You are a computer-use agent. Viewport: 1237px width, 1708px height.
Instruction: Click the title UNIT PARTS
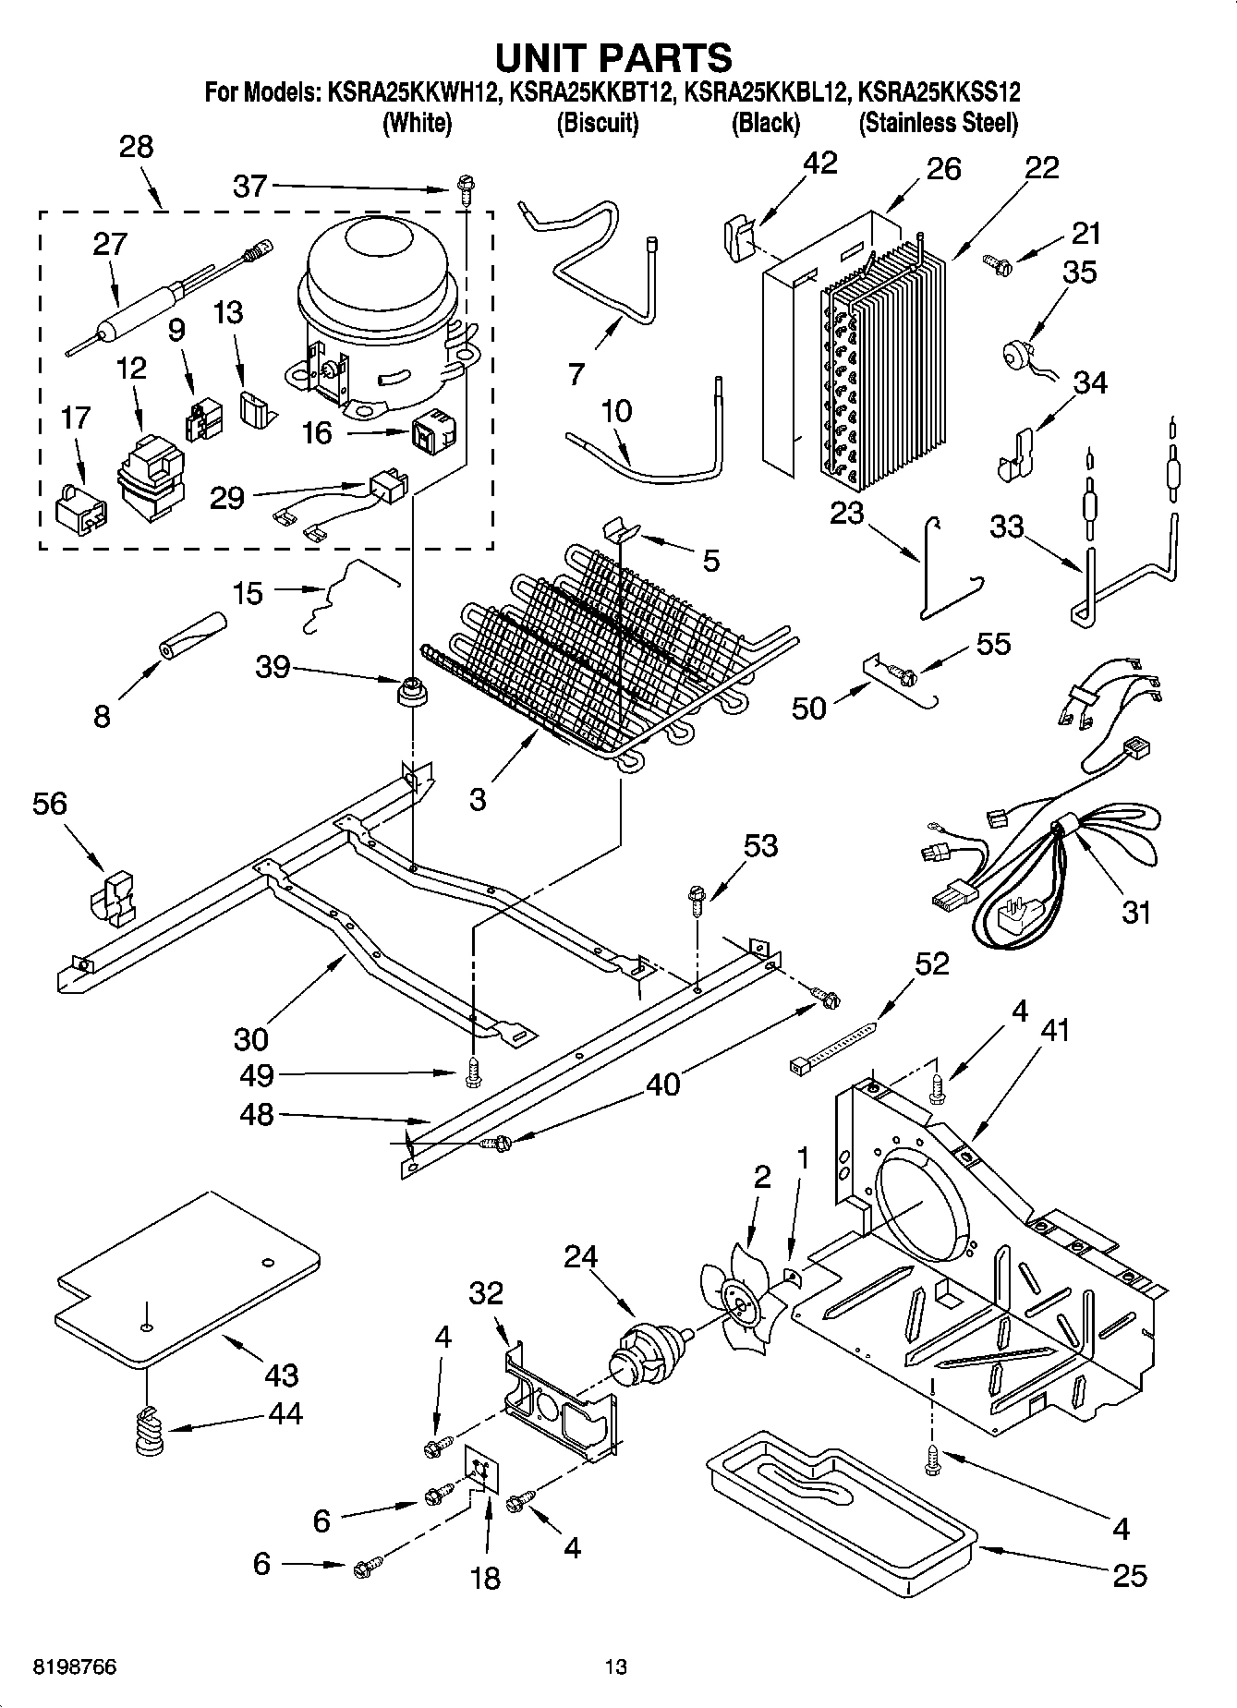613,57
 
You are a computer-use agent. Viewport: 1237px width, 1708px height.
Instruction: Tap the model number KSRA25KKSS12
939,92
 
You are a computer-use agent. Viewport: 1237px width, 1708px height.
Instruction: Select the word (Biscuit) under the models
597,123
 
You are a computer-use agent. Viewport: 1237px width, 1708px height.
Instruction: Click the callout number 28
136,147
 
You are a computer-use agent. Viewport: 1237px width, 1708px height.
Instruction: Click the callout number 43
281,1375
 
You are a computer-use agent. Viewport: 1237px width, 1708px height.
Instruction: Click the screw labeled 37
464,191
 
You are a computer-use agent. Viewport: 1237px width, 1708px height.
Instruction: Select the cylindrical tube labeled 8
192,635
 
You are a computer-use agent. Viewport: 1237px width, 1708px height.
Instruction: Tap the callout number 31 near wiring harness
1135,912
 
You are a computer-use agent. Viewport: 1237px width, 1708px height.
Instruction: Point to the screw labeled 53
697,898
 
